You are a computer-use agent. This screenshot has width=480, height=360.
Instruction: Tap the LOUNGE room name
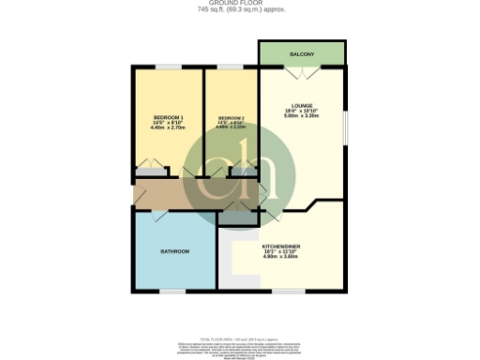pyautogui.click(x=301, y=105)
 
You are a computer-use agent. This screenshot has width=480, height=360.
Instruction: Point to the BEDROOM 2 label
pyautogui.click(x=231, y=117)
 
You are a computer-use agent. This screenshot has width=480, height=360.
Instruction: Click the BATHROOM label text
pyautogui.click(x=174, y=251)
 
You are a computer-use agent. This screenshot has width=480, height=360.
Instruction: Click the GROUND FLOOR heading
pyautogui.click(x=240, y=4)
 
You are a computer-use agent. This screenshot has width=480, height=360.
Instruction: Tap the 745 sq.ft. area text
pyautogui.click(x=240, y=10)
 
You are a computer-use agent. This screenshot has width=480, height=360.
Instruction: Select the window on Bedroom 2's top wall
pyautogui.click(x=231, y=66)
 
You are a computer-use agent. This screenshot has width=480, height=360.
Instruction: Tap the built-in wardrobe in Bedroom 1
pyautogui.click(x=150, y=171)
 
